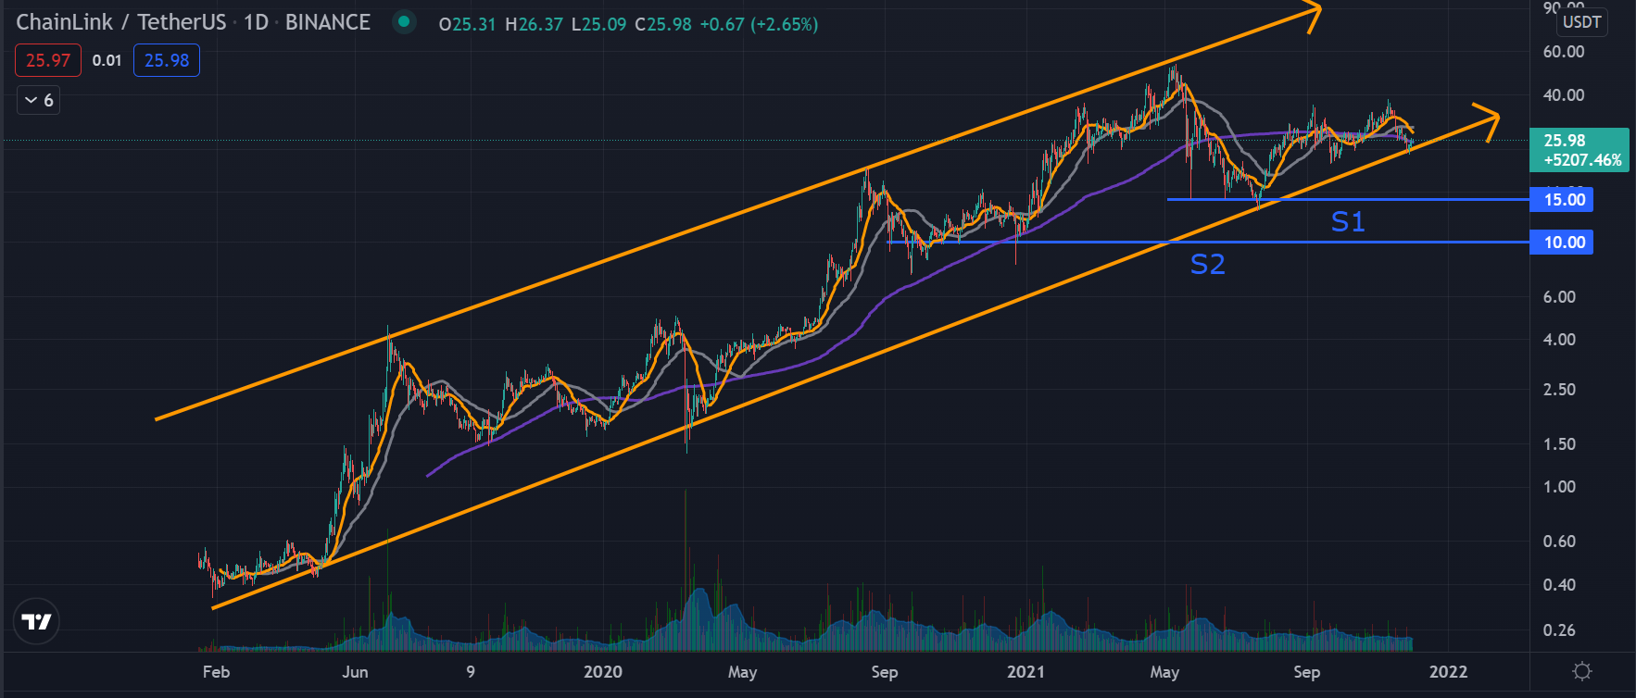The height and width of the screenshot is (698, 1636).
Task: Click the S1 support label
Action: click(1348, 222)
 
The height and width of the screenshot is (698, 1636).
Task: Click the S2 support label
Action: click(1207, 265)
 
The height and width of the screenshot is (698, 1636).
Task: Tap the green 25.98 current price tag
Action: click(1579, 150)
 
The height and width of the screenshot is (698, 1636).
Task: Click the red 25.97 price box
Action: click(48, 61)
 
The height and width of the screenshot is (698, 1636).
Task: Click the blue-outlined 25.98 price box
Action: click(167, 61)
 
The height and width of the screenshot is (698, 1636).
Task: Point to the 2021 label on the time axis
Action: click(1026, 672)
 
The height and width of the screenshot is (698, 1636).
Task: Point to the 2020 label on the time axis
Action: click(602, 672)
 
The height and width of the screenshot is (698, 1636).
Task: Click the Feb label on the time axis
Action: click(216, 672)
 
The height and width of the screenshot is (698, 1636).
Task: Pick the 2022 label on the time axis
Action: click(1448, 672)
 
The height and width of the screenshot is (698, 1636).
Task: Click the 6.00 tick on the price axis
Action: click(1559, 297)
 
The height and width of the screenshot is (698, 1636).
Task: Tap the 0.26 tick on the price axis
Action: click(1559, 630)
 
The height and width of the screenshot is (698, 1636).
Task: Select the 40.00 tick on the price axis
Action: click(1563, 95)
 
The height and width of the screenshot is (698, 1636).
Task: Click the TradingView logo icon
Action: click(37, 621)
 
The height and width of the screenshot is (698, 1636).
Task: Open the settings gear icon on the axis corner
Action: click(1582, 671)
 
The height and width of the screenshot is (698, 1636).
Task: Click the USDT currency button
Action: click(1581, 22)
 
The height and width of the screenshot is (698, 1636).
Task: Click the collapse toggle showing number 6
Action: click(39, 100)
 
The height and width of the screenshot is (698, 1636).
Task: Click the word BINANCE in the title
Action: click(327, 22)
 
